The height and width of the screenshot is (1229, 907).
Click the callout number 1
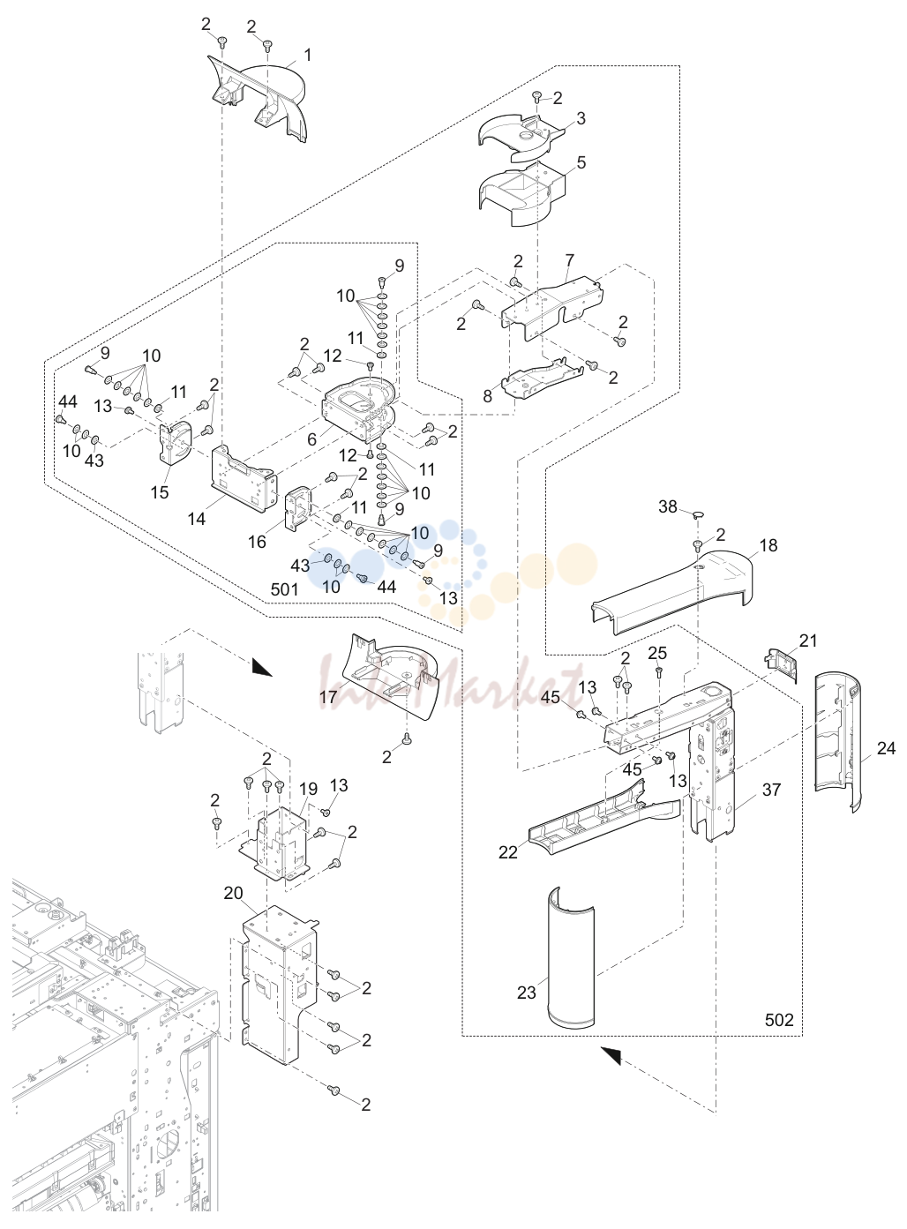pos(308,55)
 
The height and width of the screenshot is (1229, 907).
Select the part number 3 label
pos(581,118)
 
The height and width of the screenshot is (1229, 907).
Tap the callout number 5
pos(581,162)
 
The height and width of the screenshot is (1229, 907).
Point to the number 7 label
pos(570,259)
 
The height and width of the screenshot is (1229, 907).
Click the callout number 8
pos(488,396)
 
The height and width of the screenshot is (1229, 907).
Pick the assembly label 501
pos(285,589)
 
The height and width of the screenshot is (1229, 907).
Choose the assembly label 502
pos(779,1020)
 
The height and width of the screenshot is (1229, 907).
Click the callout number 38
pos(668,506)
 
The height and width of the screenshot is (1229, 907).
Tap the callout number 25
pos(657,653)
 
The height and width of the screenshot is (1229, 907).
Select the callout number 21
pos(808,641)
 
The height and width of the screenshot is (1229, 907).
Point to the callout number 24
pos(887,748)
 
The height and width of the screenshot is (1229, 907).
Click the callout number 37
pos(772,790)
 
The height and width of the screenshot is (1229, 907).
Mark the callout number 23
pos(527,992)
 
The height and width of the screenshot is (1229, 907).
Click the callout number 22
pos(507,852)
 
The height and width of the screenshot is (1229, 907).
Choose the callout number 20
pos(233,893)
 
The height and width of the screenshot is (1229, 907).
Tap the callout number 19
pos(308,788)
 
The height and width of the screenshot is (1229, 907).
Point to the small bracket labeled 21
pos(783,663)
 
